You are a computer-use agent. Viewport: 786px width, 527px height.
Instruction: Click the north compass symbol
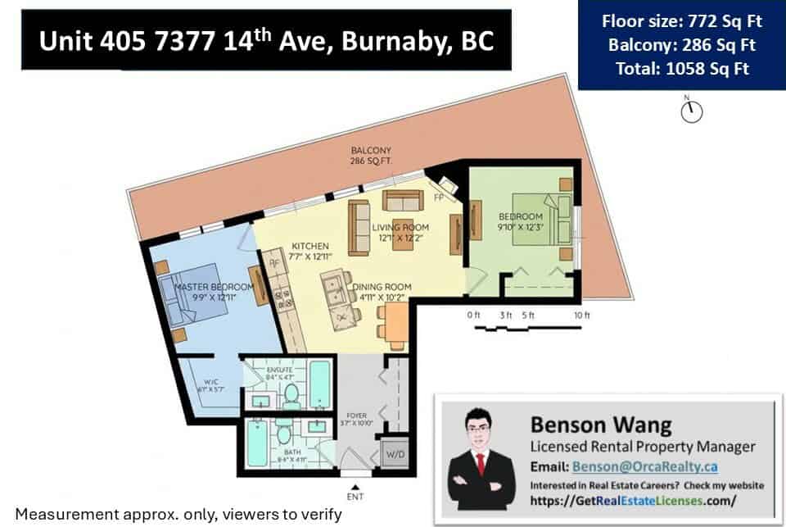(x=691, y=111)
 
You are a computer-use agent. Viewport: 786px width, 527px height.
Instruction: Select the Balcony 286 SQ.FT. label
(x=371, y=156)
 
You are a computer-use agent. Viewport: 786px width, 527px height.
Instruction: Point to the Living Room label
(x=400, y=232)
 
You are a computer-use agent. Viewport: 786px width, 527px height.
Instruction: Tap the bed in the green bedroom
(x=538, y=216)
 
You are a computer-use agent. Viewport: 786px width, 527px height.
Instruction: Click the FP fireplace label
(x=439, y=197)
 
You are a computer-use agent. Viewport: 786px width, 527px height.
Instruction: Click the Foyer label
(x=358, y=418)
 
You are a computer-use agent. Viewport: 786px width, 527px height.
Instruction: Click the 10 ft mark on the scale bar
(x=580, y=316)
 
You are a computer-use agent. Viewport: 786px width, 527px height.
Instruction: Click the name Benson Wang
(x=589, y=425)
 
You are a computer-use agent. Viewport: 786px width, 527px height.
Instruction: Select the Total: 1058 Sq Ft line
(x=682, y=69)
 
